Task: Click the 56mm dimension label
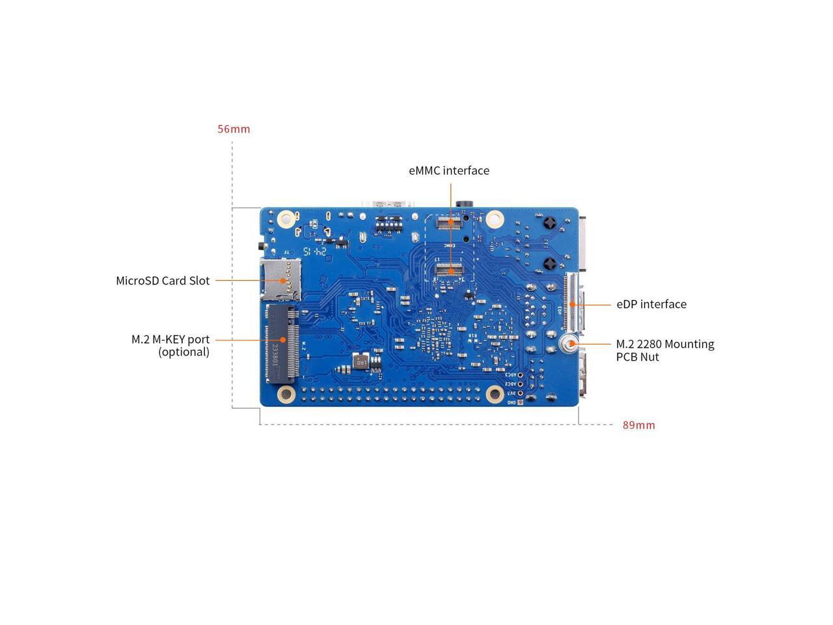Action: pos(234,129)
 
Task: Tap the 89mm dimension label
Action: pos(638,425)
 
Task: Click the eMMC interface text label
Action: pos(449,171)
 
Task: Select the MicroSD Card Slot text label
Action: pos(163,281)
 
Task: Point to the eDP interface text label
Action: pos(651,304)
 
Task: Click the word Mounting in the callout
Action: pos(689,344)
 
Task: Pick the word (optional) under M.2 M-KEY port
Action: pos(184,352)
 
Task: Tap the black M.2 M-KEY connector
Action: pos(282,342)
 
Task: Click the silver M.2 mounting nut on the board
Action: pos(570,345)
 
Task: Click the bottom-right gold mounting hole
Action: pos(494,393)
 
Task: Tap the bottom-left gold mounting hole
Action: pos(286,393)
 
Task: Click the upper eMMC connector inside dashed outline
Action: pos(448,222)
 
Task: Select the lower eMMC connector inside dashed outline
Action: pos(448,268)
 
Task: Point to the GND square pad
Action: pos(520,402)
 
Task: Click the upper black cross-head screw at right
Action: pos(550,223)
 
